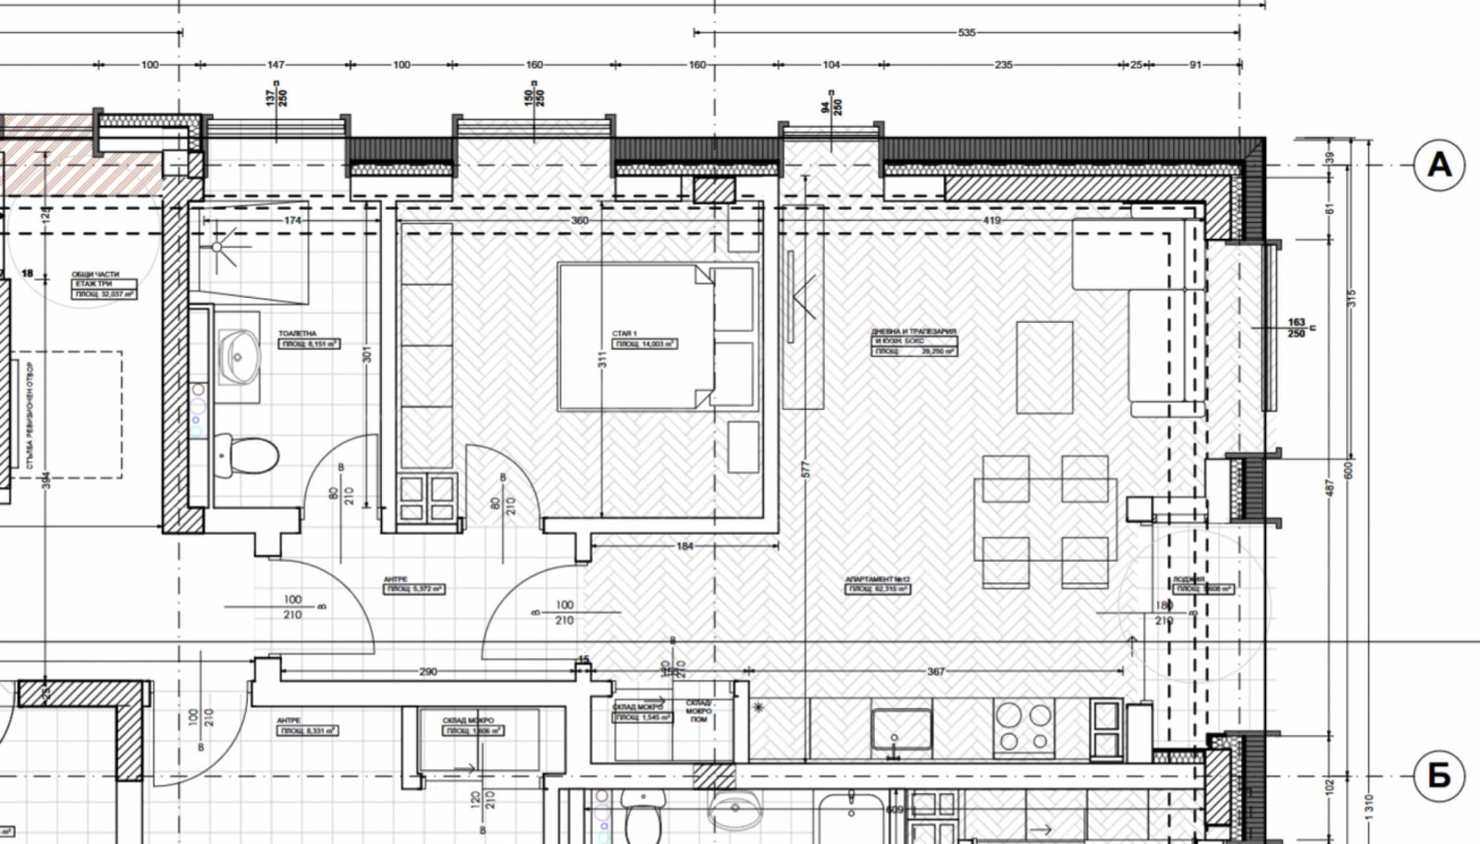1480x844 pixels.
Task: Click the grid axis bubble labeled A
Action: (x=1439, y=165)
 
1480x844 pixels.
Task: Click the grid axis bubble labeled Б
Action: (x=1439, y=776)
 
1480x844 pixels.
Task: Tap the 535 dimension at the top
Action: (x=966, y=32)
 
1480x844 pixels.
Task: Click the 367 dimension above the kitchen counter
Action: (x=935, y=672)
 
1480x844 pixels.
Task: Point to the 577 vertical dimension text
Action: (x=805, y=469)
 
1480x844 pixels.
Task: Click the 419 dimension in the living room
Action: (x=992, y=221)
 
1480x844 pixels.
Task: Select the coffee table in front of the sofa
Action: (x=1044, y=367)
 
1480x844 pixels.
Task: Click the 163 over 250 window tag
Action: (x=1297, y=328)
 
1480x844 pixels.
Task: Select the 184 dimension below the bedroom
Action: (x=684, y=546)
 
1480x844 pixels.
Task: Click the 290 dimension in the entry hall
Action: (x=427, y=672)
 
